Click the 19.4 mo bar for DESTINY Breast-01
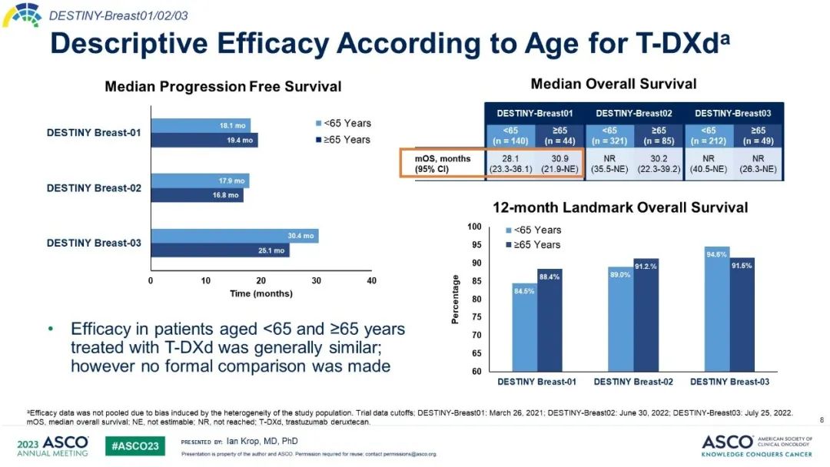click(x=204, y=141)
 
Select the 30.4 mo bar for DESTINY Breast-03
click(x=234, y=236)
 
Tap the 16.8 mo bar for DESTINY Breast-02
click(x=197, y=195)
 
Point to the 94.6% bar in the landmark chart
click(x=718, y=309)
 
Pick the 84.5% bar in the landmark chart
click(x=525, y=327)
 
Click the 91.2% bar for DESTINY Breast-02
click(x=646, y=315)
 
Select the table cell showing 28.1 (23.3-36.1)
click(x=512, y=164)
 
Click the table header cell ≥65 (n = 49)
click(x=758, y=134)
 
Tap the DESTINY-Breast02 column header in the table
click(x=635, y=113)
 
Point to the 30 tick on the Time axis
click(x=316, y=281)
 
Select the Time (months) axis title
click(x=261, y=293)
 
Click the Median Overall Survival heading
click(x=613, y=84)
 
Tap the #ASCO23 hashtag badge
click(x=135, y=445)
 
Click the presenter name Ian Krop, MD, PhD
click(x=262, y=441)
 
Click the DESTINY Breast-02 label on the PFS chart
click(x=94, y=188)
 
